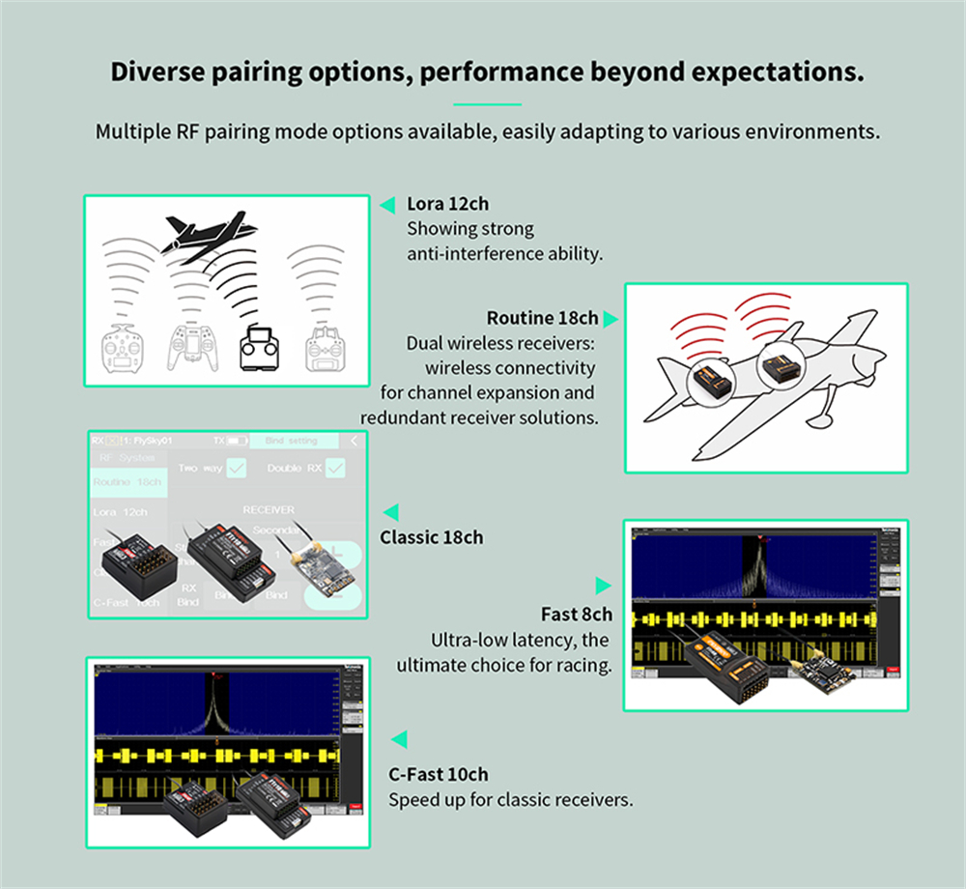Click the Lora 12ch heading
(x=447, y=204)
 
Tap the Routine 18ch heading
(x=542, y=318)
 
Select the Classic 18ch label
(x=431, y=537)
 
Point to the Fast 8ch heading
(x=576, y=615)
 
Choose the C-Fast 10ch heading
(x=438, y=774)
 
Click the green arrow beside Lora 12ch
(x=387, y=205)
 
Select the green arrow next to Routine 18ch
(x=611, y=318)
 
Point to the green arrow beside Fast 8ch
(x=603, y=586)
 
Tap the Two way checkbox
(x=236, y=469)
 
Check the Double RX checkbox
(x=334, y=469)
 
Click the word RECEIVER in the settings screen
(x=268, y=509)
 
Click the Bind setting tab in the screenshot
(x=290, y=441)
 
